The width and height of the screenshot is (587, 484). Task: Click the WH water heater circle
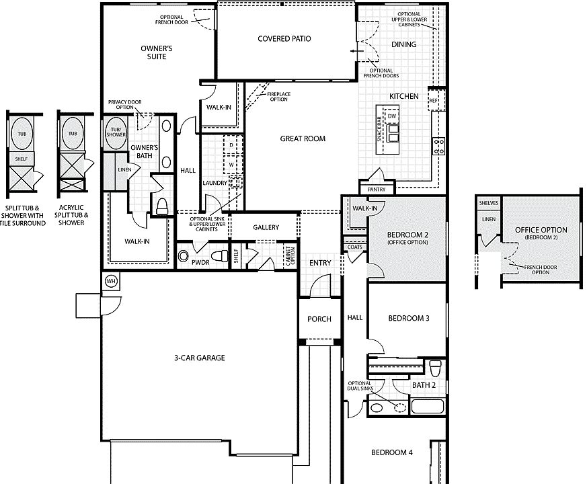(x=111, y=281)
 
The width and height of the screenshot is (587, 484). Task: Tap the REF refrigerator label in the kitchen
(x=433, y=101)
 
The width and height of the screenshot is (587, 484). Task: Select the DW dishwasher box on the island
(x=391, y=116)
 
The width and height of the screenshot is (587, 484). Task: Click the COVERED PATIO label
(x=284, y=38)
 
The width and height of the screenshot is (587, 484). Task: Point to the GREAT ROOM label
(x=303, y=138)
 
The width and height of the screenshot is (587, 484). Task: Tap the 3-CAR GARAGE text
(x=200, y=358)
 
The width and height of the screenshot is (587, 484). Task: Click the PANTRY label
(x=377, y=190)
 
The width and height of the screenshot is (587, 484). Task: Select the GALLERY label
(x=266, y=227)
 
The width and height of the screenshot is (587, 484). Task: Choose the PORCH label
(x=319, y=319)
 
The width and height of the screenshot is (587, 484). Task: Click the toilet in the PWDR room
(x=220, y=256)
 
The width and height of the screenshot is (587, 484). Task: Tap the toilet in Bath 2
(x=436, y=368)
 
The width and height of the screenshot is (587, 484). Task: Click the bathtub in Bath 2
(x=428, y=406)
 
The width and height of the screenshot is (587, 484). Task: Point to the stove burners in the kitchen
(x=438, y=146)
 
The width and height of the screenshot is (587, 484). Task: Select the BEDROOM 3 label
(x=409, y=318)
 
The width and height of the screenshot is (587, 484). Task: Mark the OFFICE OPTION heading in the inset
(x=541, y=230)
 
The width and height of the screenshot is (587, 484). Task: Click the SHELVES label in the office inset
(x=489, y=203)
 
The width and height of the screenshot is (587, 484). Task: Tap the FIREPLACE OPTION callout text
(x=278, y=97)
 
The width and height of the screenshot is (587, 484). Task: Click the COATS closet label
(x=355, y=247)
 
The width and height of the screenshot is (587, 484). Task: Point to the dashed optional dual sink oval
(x=400, y=407)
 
